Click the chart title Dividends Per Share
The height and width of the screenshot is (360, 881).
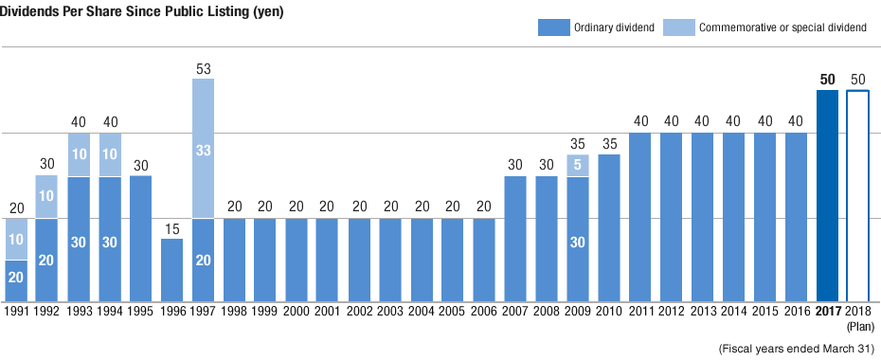pyautogui.click(x=143, y=10)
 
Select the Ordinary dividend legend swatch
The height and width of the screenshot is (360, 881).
pyautogui.click(x=552, y=27)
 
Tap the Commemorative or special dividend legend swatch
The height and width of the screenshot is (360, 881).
pyautogui.click(x=676, y=27)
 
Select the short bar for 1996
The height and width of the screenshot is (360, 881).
pyautogui.click(x=172, y=270)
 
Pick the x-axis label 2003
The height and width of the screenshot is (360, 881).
pyautogui.click(x=391, y=310)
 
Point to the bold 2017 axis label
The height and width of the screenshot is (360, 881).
pyautogui.click(x=827, y=310)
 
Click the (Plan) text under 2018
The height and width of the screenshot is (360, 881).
pyautogui.click(x=858, y=325)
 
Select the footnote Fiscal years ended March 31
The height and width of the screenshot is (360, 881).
pyautogui.click(x=796, y=348)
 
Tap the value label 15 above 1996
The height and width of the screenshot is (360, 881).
pyautogui.click(x=172, y=229)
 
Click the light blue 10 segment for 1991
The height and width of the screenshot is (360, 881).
pyautogui.click(x=16, y=240)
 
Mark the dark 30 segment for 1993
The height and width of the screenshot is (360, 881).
pyautogui.click(x=80, y=242)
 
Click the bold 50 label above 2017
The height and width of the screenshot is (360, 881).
pyautogui.click(x=827, y=80)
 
